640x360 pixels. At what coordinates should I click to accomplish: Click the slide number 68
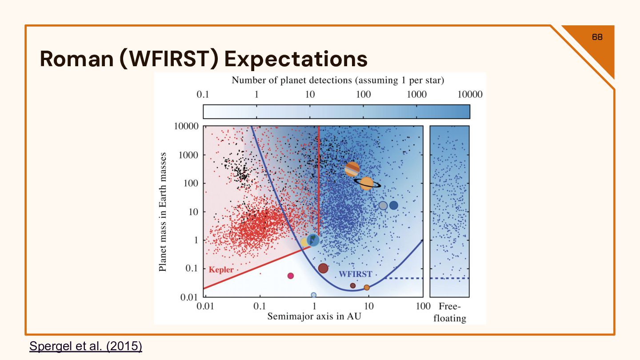[x=597, y=37]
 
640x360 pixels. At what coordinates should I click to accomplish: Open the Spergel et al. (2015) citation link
[x=86, y=346]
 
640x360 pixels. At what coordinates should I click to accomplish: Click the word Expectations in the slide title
[x=296, y=59]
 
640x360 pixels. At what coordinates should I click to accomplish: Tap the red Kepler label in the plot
[x=221, y=269]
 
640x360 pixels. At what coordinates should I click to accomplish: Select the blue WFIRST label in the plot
[x=355, y=274]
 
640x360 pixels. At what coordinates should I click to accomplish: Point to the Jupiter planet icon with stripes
[x=352, y=169]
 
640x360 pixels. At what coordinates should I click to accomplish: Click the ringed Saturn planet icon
[x=367, y=184]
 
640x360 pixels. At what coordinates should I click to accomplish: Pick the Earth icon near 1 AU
[x=313, y=240]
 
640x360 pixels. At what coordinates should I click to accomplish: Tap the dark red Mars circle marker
[x=323, y=268]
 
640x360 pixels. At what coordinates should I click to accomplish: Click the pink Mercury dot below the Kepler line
[x=291, y=276]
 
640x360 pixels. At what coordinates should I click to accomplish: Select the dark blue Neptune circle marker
[x=393, y=205]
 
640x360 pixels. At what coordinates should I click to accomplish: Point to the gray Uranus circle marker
[x=383, y=205]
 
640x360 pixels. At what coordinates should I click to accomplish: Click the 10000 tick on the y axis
[x=186, y=126]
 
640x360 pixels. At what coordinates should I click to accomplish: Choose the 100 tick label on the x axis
[x=423, y=306]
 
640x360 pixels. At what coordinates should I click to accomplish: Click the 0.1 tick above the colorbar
[x=203, y=94]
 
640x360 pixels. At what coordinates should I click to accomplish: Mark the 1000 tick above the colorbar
[x=417, y=94]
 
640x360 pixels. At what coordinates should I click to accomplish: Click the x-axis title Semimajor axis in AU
[x=314, y=316]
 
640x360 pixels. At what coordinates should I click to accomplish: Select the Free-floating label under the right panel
[x=450, y=312]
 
